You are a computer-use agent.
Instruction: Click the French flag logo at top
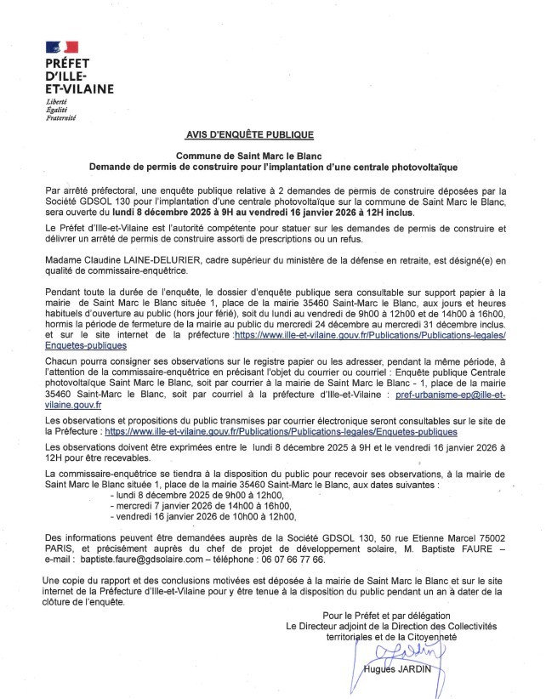(62, 47)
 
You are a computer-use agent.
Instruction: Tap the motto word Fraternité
(61, 116)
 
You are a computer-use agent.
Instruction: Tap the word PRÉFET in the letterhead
(68, 64)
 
